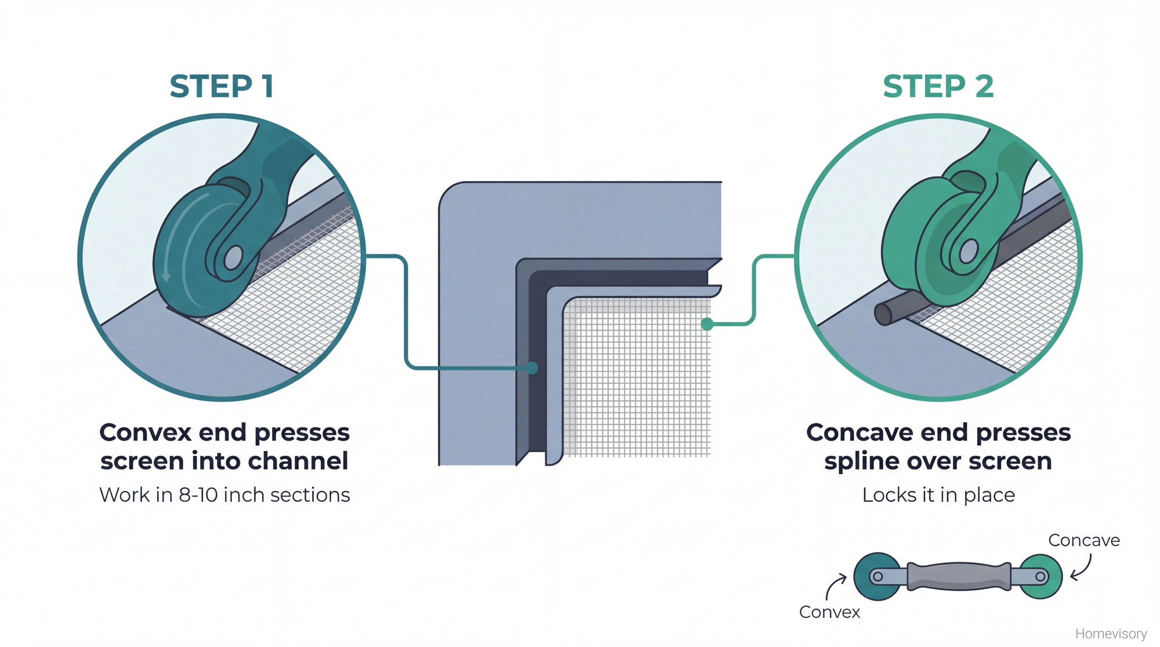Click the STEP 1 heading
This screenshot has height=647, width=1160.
pyautogui.click(x=221, y=87)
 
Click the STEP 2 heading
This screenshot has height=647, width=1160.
pyautogui.click(x=938, y=87)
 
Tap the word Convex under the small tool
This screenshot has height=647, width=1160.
pyautogui.click(x=829, y=612)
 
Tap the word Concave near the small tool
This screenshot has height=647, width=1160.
pyautogui.click(x=1083, y=540)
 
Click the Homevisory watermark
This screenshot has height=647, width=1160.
pyautogui.click(x=1111, y=634)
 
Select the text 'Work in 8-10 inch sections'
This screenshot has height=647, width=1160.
pyautogui.click(x=224, y=495)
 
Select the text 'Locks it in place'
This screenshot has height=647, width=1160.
pyautogui.click(x=938, y=495)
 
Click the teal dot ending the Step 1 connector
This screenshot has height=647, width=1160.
pyautogui.click(x=531, y=368)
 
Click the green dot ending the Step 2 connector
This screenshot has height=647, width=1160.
pyautogui.click(x=707, y=324)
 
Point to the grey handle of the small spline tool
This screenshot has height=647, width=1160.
pyautogui.click(x=958, y=576)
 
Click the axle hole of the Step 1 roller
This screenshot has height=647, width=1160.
pyautogui.click(x=233, y=257)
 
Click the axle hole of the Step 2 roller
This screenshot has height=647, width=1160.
pyautogui.click(x=968, y=252)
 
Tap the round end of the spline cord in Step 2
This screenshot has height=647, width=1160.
pyautogui.click(x=883, y=315)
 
